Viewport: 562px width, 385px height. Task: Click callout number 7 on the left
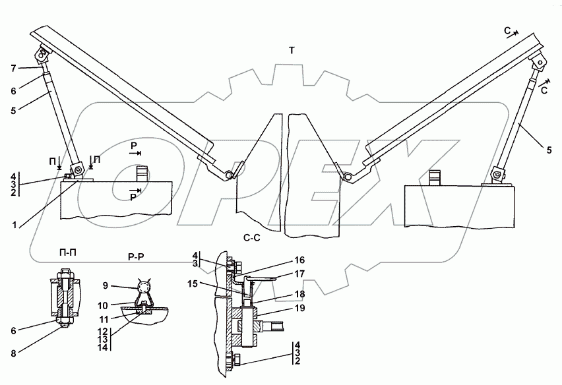(14, 68)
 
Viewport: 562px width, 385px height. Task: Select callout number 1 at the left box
(15, 225)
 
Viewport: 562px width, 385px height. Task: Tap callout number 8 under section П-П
(14, 353)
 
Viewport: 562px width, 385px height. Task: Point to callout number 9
(105, 286)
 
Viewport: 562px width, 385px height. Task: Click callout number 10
(103, 305)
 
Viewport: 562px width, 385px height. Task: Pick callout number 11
(103, 318)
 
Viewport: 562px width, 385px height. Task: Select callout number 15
(193, 283)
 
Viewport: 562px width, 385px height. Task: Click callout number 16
(299, 260)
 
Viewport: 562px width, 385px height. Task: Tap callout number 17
(299, 274)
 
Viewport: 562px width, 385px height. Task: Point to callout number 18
(299, 294)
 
